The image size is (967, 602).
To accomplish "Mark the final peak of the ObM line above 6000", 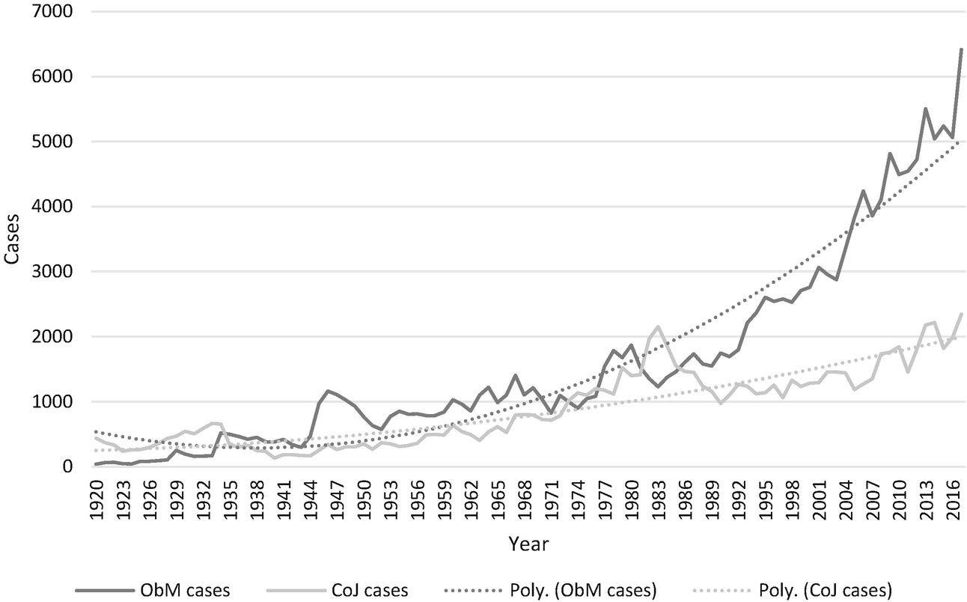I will pos(961,49).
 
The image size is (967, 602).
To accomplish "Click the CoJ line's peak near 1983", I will pos(658,326).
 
